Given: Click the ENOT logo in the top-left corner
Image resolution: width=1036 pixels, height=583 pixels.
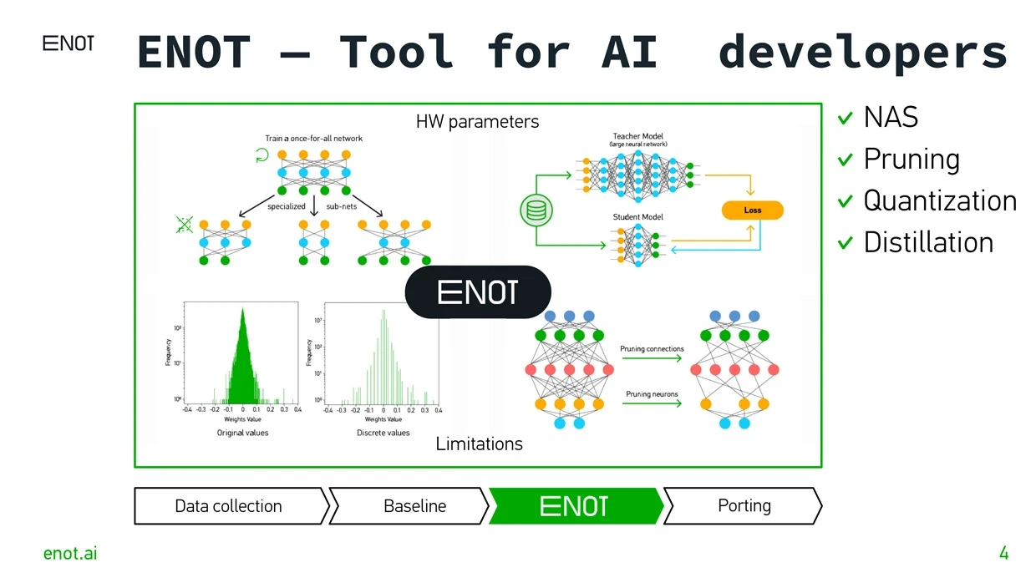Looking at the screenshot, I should point(68,44).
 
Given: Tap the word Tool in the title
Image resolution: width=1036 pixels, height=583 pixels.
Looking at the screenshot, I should point(396,52).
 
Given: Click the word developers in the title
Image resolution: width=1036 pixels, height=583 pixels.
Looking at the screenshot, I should point(862,52).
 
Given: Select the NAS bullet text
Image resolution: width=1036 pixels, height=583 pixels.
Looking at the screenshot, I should point(891,118).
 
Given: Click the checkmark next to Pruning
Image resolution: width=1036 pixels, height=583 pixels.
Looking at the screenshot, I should point(846,160).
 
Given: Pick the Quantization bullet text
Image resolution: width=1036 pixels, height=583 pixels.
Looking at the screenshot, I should point(940,201).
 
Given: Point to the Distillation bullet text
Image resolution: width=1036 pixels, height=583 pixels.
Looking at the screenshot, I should point(928,243).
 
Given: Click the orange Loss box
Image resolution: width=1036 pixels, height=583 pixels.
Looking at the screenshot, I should point(752,210).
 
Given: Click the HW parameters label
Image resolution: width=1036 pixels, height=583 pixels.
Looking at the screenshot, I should point(477,122).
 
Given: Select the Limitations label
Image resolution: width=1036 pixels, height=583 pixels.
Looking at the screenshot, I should point(479,444).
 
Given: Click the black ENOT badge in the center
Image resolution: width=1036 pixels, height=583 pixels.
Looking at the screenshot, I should point(478,292).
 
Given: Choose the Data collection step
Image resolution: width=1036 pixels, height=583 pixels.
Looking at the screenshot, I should point(228,506).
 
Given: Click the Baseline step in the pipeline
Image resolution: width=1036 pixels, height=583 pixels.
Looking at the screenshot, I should point(414,506).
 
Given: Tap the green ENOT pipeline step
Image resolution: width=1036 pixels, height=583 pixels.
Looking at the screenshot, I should point(574,506).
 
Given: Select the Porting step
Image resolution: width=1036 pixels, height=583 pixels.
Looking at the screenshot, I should point(744,506).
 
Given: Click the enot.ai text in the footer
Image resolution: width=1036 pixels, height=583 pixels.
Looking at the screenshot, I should point(70,553).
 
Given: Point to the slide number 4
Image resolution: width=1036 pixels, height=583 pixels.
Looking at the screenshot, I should point(1003,553).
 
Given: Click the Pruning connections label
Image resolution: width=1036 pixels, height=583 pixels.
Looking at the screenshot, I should point(652,349).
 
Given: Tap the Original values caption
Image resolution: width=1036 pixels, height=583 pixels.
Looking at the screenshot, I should point(242,433).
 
